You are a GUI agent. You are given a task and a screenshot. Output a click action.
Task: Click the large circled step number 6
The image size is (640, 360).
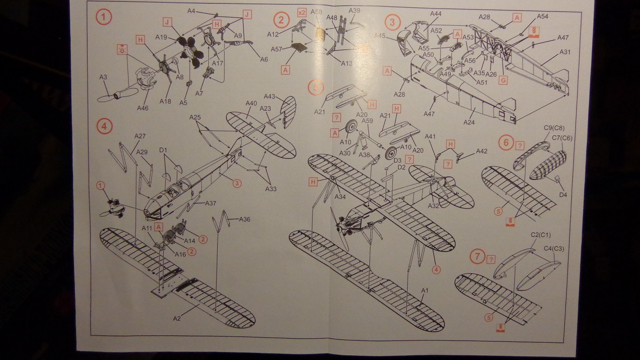(x=506, y=142)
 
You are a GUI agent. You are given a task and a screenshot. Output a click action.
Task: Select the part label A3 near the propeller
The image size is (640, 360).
(x=103, y=77)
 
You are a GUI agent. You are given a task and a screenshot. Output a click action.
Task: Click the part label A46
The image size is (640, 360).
(x=142, y=108)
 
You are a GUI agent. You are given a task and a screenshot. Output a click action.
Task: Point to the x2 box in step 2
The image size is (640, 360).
(x=302, y=12)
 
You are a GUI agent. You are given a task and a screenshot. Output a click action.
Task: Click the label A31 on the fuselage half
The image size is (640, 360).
(x=564, y=52)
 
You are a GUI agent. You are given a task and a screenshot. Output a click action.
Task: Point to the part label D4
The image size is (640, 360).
(x=563, y=195)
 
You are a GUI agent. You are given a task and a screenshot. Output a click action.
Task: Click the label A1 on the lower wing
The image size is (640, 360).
(x=425, y=290)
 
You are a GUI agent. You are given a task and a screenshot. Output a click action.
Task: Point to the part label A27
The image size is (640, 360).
(x=140, y=136)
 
